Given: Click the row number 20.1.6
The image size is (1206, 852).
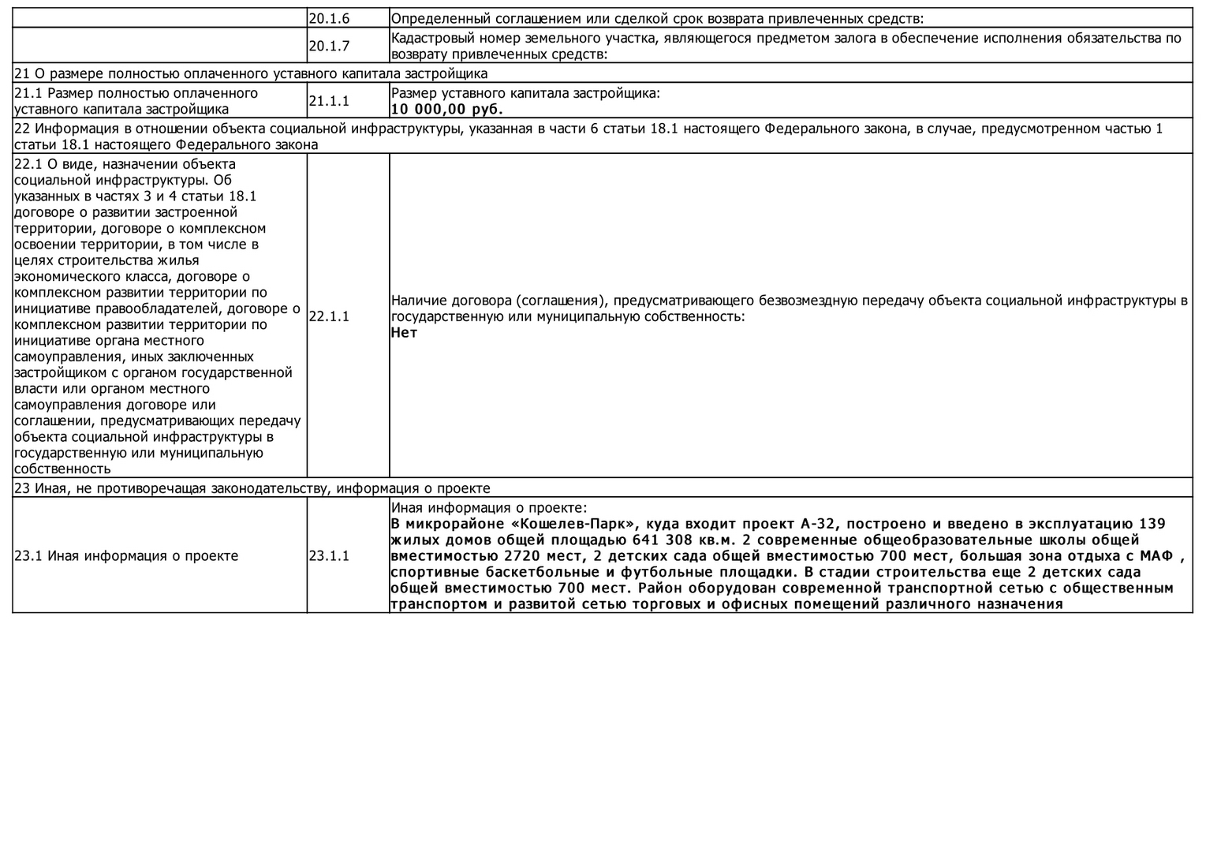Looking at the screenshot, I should (x=329, y=18).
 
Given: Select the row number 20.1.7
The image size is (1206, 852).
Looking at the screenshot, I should (x=329, y=46).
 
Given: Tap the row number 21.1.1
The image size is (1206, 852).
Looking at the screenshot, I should (x=329, y=101).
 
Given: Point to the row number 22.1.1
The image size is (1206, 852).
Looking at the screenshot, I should (x=329, y=316).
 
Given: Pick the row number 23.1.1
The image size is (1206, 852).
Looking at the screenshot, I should (x=329, y=555).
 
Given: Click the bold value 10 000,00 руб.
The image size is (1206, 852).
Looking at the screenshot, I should (x=446, y=109).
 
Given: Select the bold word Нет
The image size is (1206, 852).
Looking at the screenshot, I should (x=404, y=332).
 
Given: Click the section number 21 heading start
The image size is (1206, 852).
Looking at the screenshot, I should (x=21, y=73).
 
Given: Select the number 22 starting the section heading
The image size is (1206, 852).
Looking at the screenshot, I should (x=22, y=129).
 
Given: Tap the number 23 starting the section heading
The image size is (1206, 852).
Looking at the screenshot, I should (x=22, y=488).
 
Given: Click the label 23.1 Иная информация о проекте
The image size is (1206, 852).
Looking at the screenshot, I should (x=126, y=555).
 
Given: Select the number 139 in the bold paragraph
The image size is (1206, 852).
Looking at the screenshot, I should (x=1153, y=524).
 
